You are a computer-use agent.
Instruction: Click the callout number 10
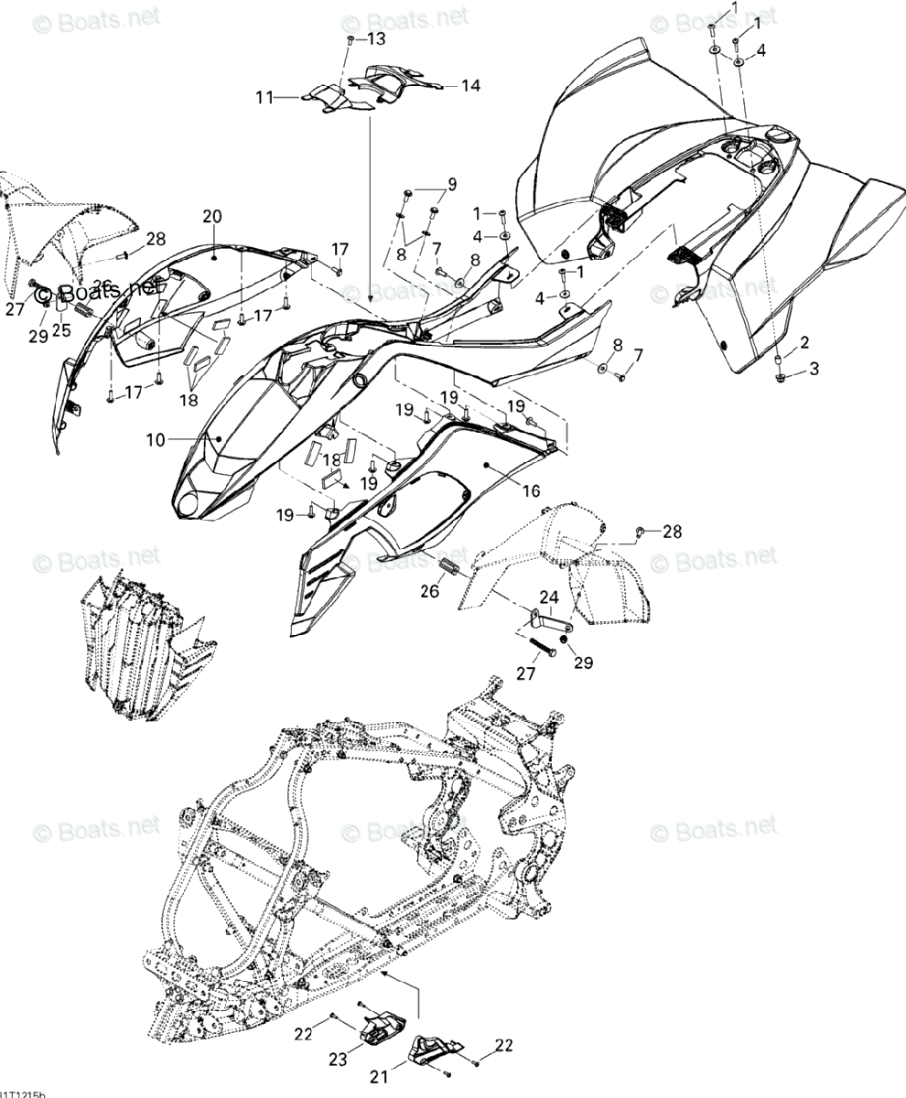point(155,440)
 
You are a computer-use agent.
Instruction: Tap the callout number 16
point(532,492)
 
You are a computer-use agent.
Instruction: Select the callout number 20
point(212,217)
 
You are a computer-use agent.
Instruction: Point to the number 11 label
point(264,96)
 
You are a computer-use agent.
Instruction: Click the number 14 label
point(470,85)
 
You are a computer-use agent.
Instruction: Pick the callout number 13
point(377,38)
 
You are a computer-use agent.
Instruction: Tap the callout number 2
point(804,343)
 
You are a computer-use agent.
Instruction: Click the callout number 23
point(338,1059)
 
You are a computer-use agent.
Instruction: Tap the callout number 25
point(60,329)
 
